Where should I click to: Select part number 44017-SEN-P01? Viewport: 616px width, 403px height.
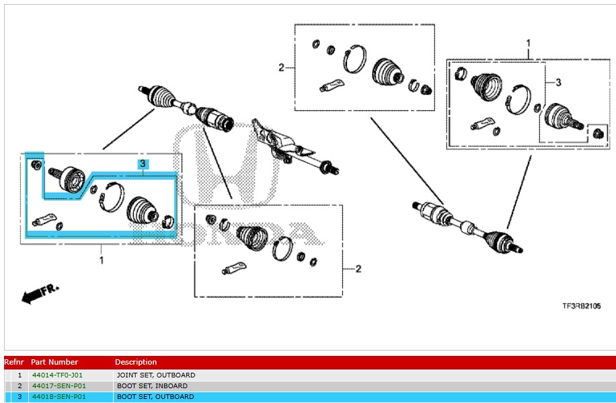click(x=59, y=386)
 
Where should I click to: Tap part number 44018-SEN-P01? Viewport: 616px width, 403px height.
click(x=59, y=397)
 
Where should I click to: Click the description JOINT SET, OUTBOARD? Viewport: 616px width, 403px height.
click(x=155, y=375)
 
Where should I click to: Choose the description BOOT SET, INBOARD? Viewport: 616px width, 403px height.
click(x=151, y=386)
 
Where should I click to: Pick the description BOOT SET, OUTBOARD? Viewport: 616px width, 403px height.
click(x=155, y=397)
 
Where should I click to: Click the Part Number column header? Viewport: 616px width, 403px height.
click(x=54, y=362)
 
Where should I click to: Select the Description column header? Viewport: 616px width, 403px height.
click(x=136, y=362)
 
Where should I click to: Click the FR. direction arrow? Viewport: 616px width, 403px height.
click(x=40, y=293)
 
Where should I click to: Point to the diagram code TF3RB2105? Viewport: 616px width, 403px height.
click(x=582, y=306)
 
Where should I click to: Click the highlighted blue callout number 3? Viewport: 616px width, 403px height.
click(x=143, y=163)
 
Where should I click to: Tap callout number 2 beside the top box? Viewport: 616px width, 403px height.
click(x=282, y=67)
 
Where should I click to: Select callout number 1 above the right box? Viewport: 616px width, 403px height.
click(x=528, y=43)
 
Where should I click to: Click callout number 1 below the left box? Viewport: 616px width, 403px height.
click(x=102, y=260)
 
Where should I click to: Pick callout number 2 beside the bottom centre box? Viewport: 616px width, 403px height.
click(x=358, y=269)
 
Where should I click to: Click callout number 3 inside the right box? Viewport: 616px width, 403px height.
click(x=557, y=82)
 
